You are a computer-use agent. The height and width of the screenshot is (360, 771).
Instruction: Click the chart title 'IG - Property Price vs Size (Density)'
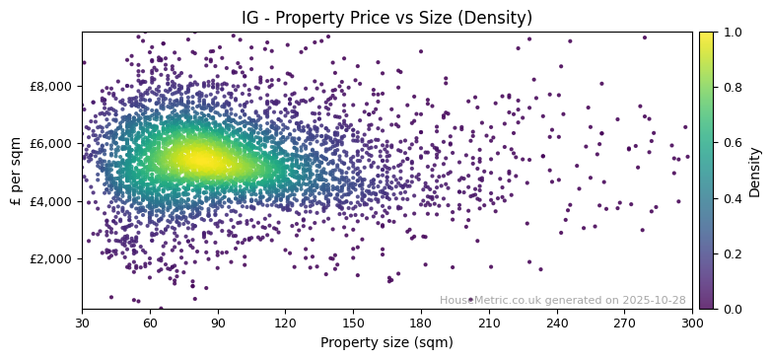pos(386,18)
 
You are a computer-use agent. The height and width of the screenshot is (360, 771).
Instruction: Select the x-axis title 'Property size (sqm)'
pos(386,343)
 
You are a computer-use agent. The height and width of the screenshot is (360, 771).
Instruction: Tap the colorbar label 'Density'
pos(755,172)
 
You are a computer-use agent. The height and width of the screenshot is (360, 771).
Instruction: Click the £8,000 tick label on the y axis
pos(49,86)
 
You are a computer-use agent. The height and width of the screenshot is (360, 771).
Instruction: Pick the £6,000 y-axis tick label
pos(49,144)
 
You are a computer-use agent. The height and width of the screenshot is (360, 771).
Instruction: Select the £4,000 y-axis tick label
pos(49,201)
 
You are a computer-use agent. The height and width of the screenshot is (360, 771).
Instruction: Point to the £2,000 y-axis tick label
pos(49,258)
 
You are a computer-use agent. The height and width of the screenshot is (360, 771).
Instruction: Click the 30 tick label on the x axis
pos(82,324)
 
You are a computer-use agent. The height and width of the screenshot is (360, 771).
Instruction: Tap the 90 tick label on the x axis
pos(218,324)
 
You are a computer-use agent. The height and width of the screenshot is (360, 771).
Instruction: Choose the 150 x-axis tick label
pos(353,324)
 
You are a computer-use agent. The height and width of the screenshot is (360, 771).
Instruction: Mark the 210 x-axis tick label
pos(489,324)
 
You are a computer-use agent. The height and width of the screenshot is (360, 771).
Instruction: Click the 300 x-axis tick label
pos(692,324)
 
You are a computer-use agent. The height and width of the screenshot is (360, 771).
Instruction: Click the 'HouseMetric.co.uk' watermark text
pos(485,300)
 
